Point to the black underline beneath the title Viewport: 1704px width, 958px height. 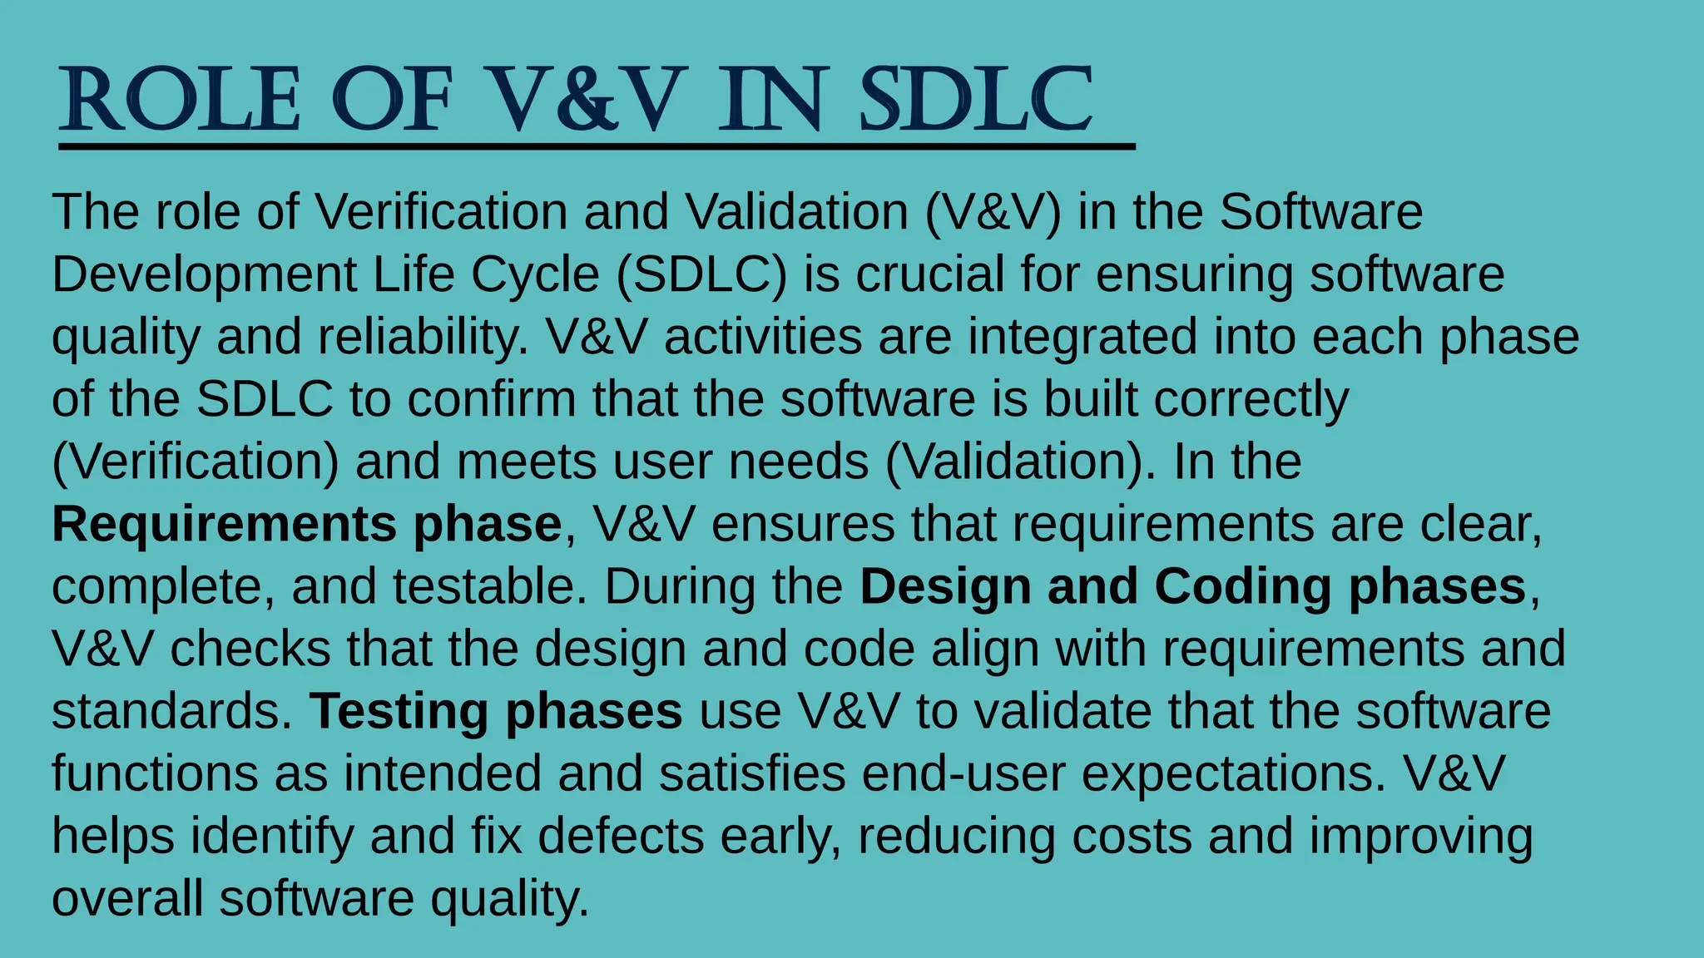click(x=596, y=147)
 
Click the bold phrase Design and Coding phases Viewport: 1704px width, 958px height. click(x=1192, y=587)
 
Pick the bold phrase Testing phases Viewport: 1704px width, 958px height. click(x=496, y=712)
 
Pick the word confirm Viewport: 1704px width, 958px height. click(x=492, y=400)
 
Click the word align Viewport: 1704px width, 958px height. click(x=985, y=649)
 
